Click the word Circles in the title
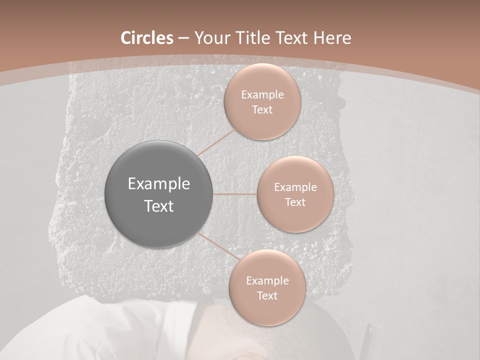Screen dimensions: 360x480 [x=146, y=38]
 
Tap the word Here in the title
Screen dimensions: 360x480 [x=331, y=38]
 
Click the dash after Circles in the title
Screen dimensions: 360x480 [x=183, y=38]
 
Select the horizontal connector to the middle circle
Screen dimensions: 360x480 [x=235, y=194]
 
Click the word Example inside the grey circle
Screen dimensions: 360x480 [x=159, y=184]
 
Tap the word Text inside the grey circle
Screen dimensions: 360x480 [x=159, y=206]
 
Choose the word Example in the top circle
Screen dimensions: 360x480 [x=262, y=95]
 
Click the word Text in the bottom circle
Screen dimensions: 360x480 [x=267, y=296]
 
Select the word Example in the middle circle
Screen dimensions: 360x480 [x=295, y=187]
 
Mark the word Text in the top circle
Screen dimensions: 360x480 [x=262, y=110]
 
